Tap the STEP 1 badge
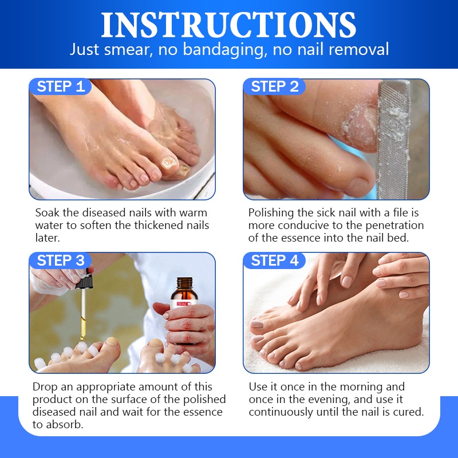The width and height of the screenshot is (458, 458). pyautogui.click(x=60, y=86)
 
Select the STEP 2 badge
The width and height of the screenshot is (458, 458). pyautogui.click(x=275, y=86)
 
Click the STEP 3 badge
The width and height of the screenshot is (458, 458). pyautogui.click(x=60, y=260)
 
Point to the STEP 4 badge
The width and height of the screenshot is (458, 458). pyautogui.click(x=275, y=260)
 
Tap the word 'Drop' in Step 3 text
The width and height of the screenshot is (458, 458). pyautogui.click(x=45, y=387)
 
